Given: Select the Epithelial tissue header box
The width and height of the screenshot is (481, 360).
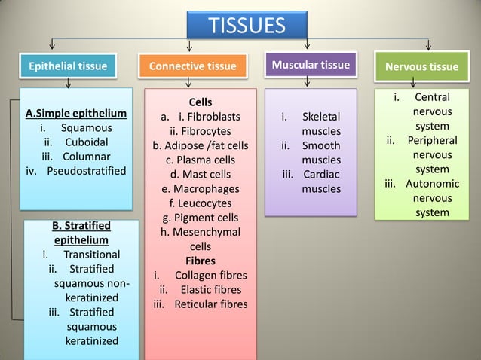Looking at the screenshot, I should click(67, 66).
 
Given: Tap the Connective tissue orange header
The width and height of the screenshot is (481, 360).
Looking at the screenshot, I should click(192, 66).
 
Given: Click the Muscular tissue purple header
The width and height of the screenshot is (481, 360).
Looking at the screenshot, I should click(310, 65).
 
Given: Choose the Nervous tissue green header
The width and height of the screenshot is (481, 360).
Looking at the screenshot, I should click(421, 66).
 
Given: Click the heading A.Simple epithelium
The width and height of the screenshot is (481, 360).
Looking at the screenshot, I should click(75, 114).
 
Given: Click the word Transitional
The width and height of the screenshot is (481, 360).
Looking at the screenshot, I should click(92, 255).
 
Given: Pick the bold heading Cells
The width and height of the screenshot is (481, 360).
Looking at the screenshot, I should click(200, 102).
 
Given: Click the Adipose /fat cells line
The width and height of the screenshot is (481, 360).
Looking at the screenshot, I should click(200, 145).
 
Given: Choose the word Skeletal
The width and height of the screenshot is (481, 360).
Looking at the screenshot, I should click(321, 117).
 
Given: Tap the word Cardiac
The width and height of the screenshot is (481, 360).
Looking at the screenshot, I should click(321, 174).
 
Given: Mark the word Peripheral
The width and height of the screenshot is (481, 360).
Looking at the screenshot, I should click(432, 141).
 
